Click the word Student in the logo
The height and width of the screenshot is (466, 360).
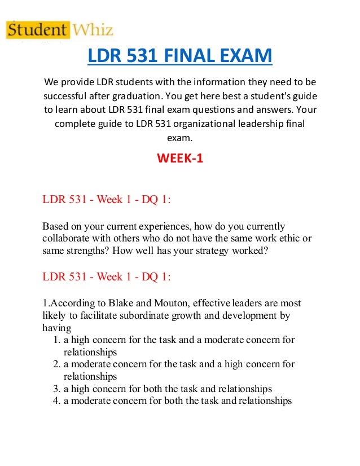point(37,29)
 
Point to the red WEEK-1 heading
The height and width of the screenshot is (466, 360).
point(179,159)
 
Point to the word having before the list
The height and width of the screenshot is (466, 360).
point(56,328)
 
